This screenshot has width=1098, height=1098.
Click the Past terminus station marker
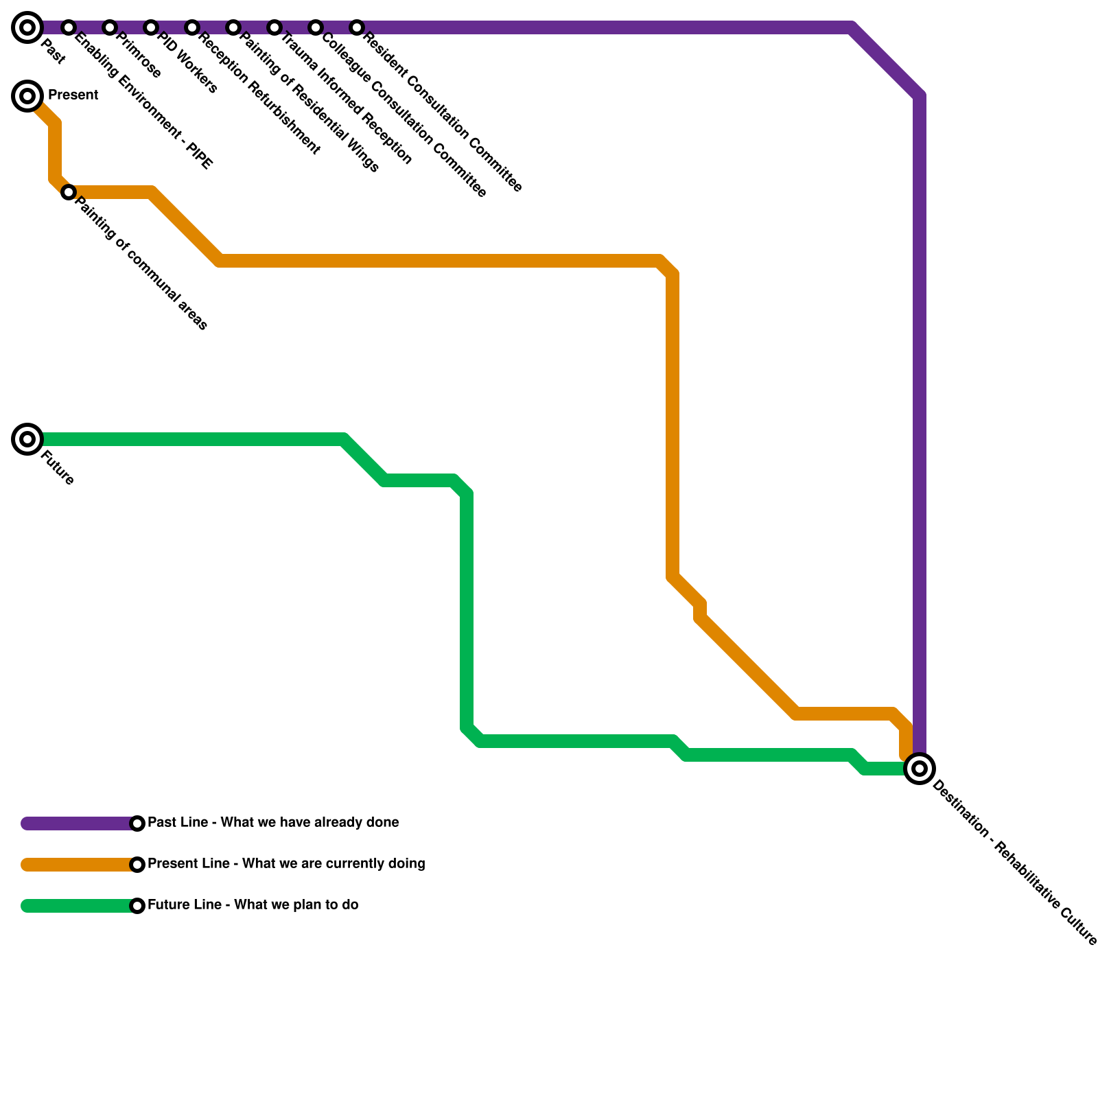[x=27, y=27]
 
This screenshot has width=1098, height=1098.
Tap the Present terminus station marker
[x=27, y=96]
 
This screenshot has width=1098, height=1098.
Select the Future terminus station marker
[x=27, y=439]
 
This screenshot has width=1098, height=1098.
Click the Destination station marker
[x=920, y=769]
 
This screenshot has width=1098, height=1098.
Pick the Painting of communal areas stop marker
[x=69, y=192]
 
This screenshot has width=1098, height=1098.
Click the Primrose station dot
[x=110, y=27]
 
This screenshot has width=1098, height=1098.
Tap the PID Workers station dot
[x=151, y=27]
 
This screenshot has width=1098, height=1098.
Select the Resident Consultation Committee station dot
[x=357, y=27]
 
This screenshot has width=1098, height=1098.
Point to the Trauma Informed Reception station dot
[x=274, y=27]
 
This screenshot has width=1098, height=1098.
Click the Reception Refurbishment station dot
[x=192, y=27]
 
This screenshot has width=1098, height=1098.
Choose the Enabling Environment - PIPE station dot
[x=69, y=27]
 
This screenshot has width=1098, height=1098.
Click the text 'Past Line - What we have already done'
[x=273, y=823]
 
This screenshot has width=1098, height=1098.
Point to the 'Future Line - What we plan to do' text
[x=253, y=905]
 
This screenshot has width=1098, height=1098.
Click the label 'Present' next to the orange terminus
[x=73, y=95]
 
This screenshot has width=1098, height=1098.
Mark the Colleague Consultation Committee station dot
[x=316, y=27]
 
